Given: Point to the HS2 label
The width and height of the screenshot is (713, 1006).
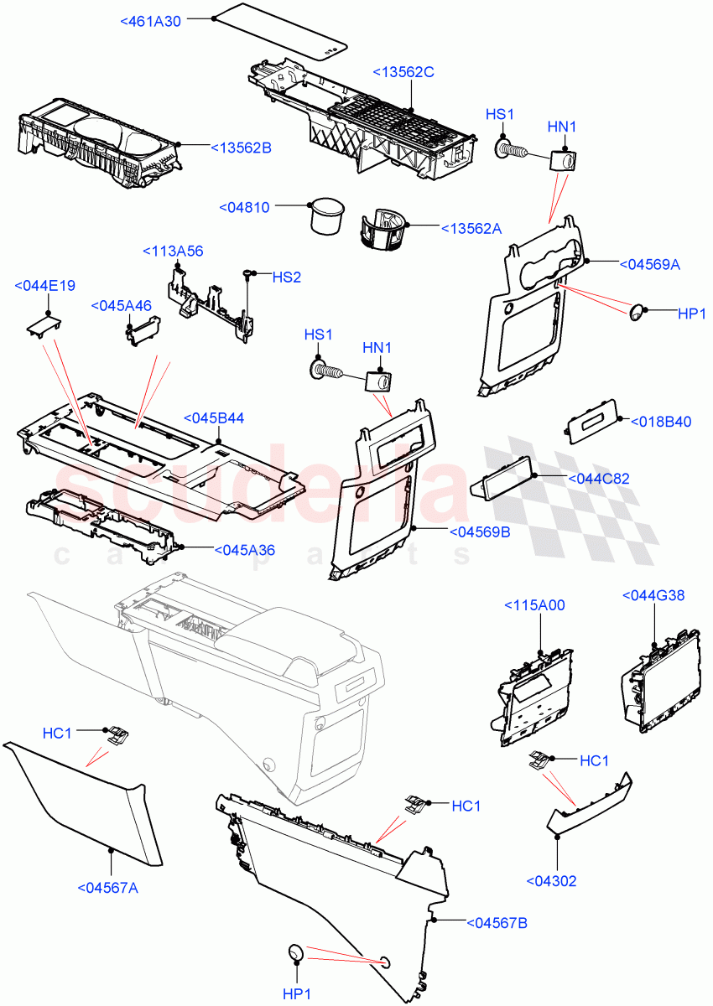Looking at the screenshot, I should coord(286,277).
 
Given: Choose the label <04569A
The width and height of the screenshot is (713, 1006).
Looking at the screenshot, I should coord(649,264).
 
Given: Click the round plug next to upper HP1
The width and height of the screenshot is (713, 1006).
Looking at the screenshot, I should coord(638,314).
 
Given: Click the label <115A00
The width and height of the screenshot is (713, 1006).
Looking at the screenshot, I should coord(534,605).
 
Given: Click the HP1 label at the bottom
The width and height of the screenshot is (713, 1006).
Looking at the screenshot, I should coord(296,993).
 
